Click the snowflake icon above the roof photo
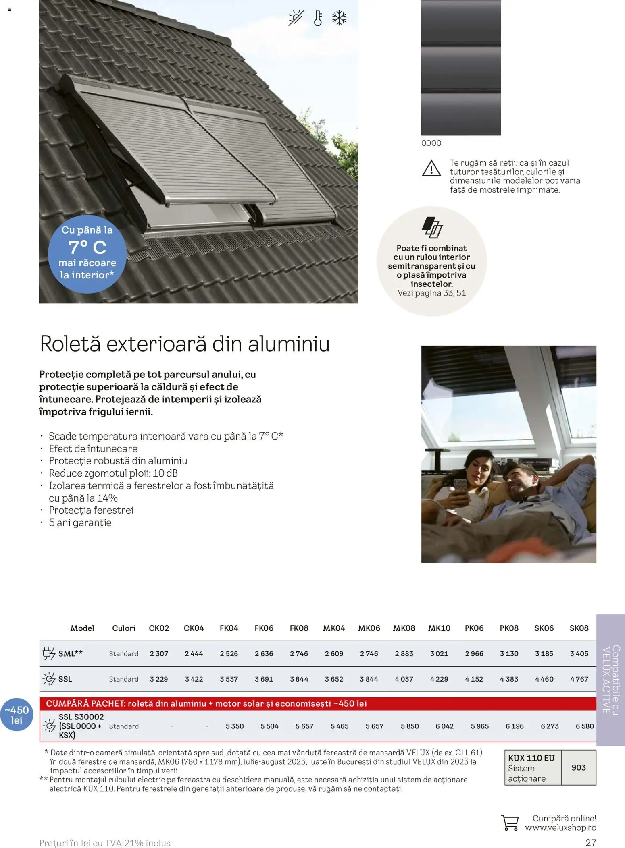point(339,18)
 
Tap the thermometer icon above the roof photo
point(318,18)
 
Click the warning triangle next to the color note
point(431,168)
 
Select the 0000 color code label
point(431,143)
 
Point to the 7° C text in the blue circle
point(87,247)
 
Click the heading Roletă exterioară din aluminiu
point(185,344)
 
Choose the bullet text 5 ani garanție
point(80,522)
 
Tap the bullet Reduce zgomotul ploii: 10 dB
point(113,473)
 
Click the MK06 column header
point(369,628)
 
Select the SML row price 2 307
point(159,653)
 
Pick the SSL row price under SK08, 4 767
point(579,679)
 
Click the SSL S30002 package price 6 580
point(585,726)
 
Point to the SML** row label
point(70,653)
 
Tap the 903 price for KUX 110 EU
point(579,767)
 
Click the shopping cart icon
point(510,823)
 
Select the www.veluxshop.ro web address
point(560,828)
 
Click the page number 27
point(591,842)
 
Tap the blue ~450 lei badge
point(17,715)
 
